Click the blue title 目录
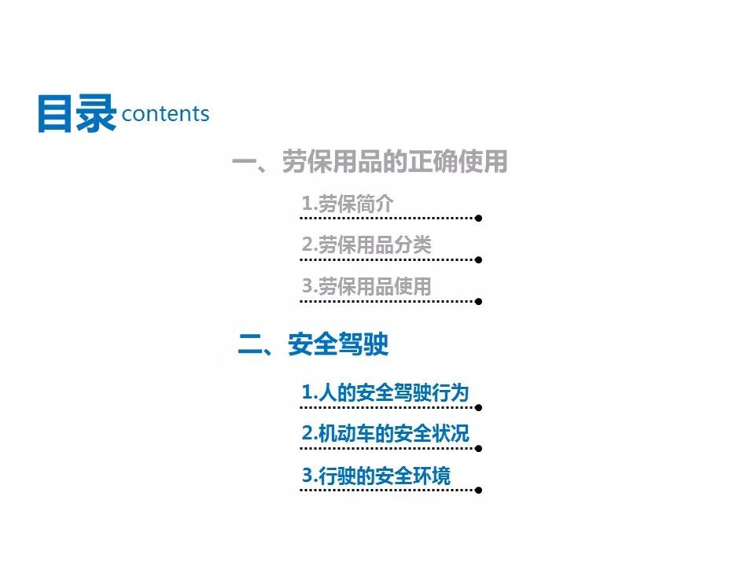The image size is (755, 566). (x=77, y=113)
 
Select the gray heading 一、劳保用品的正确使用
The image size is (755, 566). (x=370, y=161)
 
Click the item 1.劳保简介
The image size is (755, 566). (x=347, y=204)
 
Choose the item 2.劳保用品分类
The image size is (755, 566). (x=366, y=244)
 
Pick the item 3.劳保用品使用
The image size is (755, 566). (x=366, y=286)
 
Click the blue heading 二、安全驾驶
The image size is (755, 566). (x=314, y=344)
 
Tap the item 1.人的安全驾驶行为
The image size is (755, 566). (x=385, y=392)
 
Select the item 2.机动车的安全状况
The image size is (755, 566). (x=385, y=433)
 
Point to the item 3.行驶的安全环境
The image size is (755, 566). (x=376, y=475)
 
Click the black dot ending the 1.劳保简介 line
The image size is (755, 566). (x=478, y=218)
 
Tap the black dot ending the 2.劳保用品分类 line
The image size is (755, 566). (x=478, y=260)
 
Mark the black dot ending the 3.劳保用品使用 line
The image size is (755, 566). (x=478, y=301)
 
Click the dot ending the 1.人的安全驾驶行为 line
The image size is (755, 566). (x=478, y=408)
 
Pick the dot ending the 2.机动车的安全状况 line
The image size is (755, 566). (x=478, y=449)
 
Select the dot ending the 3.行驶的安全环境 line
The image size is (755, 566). (x=478, y=490)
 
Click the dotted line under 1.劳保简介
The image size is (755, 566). (x=387, y=218)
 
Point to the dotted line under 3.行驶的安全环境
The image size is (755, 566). (x=387, y=490)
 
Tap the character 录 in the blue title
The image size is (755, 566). (x=97, y=113)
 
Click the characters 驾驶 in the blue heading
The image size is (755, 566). (x=363, y=344)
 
